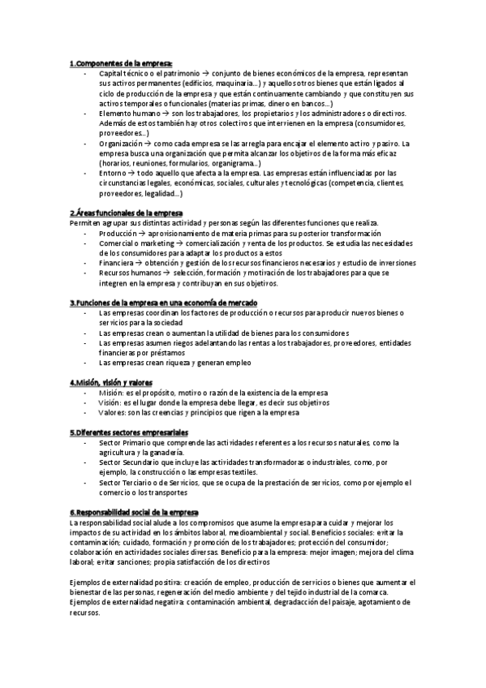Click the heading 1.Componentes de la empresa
coord(121,62)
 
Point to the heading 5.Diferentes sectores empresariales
coord(129,432)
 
